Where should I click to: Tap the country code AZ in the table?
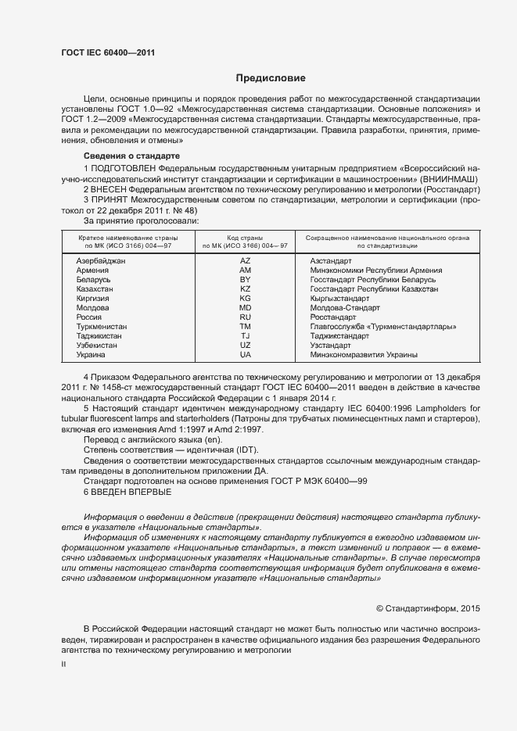click(245, 260)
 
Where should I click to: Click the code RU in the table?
click(245, 317)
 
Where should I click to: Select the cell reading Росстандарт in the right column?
click(333, 317)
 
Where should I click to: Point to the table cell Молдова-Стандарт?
click(344, 307)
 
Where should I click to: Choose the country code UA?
click(245, 354)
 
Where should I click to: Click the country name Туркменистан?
click(101, 326)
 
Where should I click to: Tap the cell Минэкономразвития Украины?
click(364, 354)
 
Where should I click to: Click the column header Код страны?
click(245, 236)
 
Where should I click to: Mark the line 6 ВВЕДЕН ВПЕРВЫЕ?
click(127, 491)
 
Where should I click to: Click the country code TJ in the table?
click(245, 335)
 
